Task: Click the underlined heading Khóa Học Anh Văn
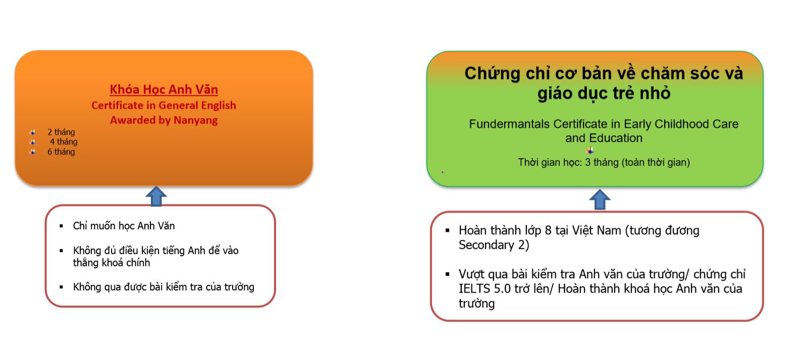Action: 164,89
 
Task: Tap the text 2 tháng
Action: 61,132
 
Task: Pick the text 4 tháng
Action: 64,142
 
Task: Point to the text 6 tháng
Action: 61,151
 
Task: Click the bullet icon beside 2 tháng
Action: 33,132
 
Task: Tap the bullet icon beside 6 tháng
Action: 33,151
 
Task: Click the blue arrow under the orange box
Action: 156,196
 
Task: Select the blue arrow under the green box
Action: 600,199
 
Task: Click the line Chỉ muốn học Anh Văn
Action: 124,226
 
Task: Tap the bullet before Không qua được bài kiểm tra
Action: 61,287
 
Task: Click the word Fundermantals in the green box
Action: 509,124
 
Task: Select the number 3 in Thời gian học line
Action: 588,163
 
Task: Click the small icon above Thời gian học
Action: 590,150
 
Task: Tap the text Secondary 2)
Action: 494,245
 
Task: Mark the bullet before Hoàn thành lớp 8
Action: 448,230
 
